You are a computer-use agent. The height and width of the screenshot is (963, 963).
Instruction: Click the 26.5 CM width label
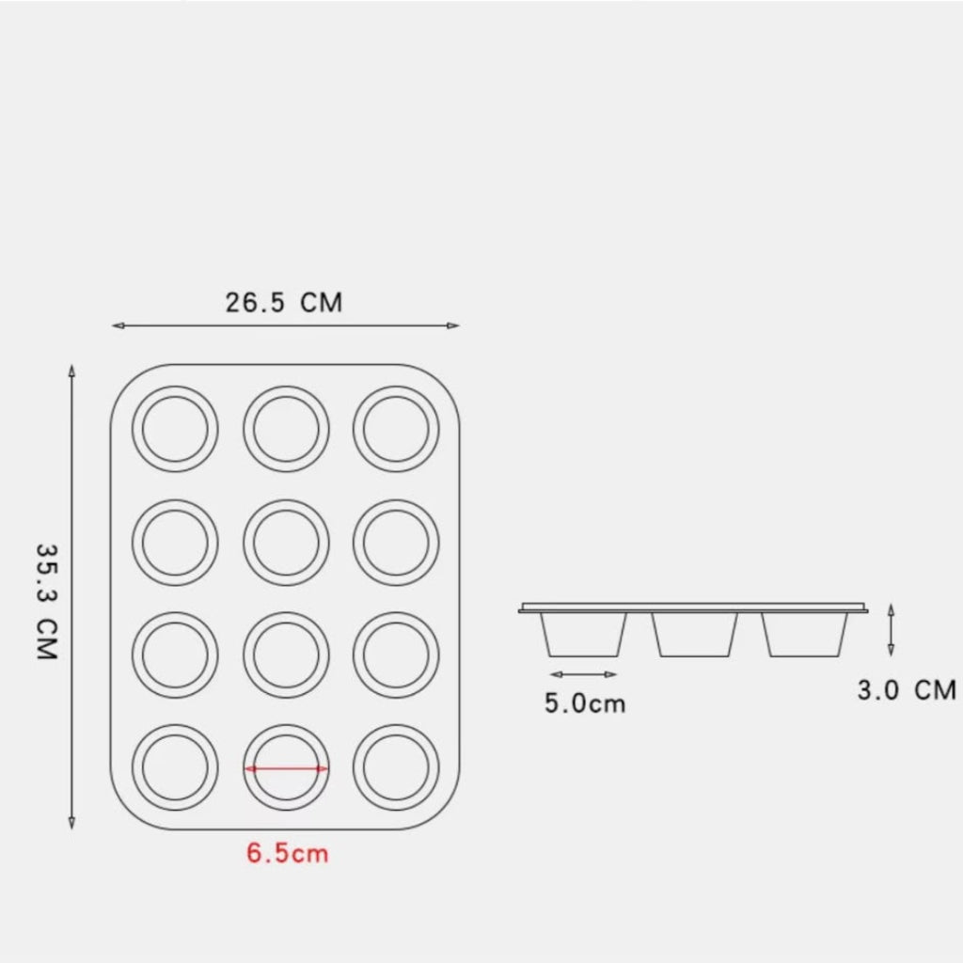(x=284, y=303)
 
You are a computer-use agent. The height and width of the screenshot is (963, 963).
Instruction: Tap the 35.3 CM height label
(x=47, y=602)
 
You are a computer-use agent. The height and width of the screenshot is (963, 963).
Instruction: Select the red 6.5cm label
(x=288, y=853)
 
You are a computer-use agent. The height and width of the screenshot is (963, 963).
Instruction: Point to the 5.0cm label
(x=585, y=703)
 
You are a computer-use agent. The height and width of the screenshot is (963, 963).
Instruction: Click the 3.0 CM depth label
(x=907, y=690)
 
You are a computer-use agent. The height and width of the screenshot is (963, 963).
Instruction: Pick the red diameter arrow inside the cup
(x=286, y=768)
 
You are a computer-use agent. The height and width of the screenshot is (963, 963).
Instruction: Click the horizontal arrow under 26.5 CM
(x=286, y=325)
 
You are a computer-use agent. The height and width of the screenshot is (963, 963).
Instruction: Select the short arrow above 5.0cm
(x=583, y=674)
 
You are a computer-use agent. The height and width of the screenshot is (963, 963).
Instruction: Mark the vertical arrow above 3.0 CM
(x=892, y=630)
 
